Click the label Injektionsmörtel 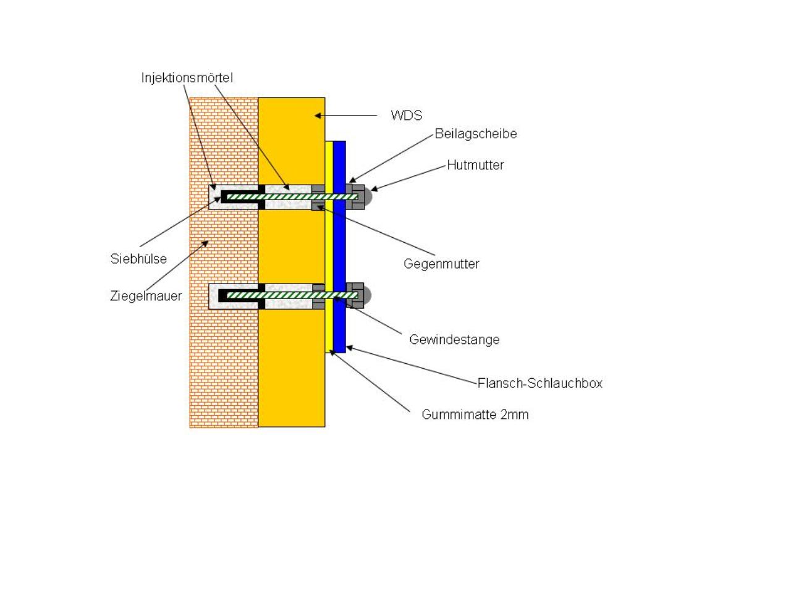point(187,78)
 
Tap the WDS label point(406,116)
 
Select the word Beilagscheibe point(476,134)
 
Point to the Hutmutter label point(475,166)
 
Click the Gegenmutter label point(441,264)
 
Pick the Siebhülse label point(138,259)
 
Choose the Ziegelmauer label point(146,296)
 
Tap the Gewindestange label point(454,340)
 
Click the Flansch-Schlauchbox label point(539,383)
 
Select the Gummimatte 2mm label point(475,414)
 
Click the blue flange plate point(339,246)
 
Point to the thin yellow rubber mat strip point(329,246)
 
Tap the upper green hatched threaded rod point(292,197)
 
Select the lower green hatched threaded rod point(292,295)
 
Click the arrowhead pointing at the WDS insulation point(318,116)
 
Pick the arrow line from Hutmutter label point(408,177)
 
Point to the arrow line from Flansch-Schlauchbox point(411,365)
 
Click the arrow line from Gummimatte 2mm point(370,381)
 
